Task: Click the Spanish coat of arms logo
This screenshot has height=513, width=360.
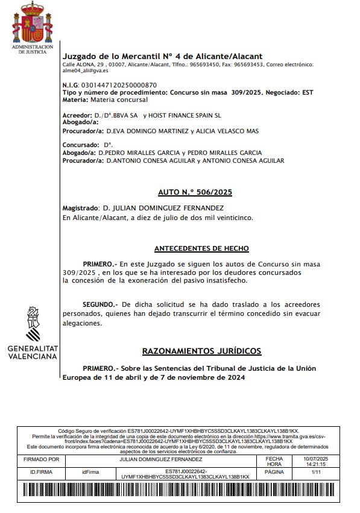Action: click(33, 23)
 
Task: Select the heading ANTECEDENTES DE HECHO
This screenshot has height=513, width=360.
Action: click(201, 248)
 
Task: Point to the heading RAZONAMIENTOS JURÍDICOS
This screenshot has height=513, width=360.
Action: click(201, 351)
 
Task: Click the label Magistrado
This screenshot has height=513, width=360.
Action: click(81, 208)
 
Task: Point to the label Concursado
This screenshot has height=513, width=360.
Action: click(80, 145)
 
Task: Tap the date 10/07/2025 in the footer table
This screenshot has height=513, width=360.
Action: click(317, 459)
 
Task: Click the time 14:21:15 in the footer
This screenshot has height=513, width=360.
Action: click(317, 465)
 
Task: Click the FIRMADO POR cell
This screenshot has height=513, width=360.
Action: click(45, 459)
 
